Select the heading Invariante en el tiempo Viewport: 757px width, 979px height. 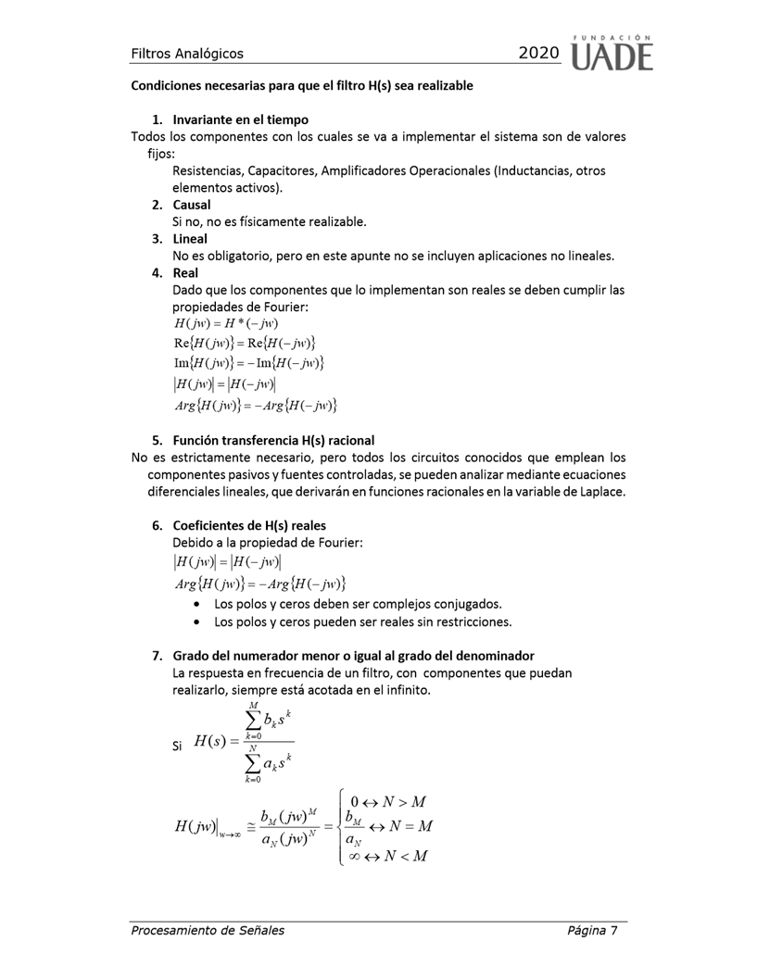point(240,119)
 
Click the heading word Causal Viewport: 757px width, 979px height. point(192,204)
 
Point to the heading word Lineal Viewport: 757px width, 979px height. point(190,238)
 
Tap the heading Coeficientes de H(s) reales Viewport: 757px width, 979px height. point(249,525)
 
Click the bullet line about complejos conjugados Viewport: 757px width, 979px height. point(358,603)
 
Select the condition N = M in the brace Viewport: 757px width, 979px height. point(408,825)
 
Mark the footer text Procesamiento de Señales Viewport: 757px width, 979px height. point(208,930)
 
